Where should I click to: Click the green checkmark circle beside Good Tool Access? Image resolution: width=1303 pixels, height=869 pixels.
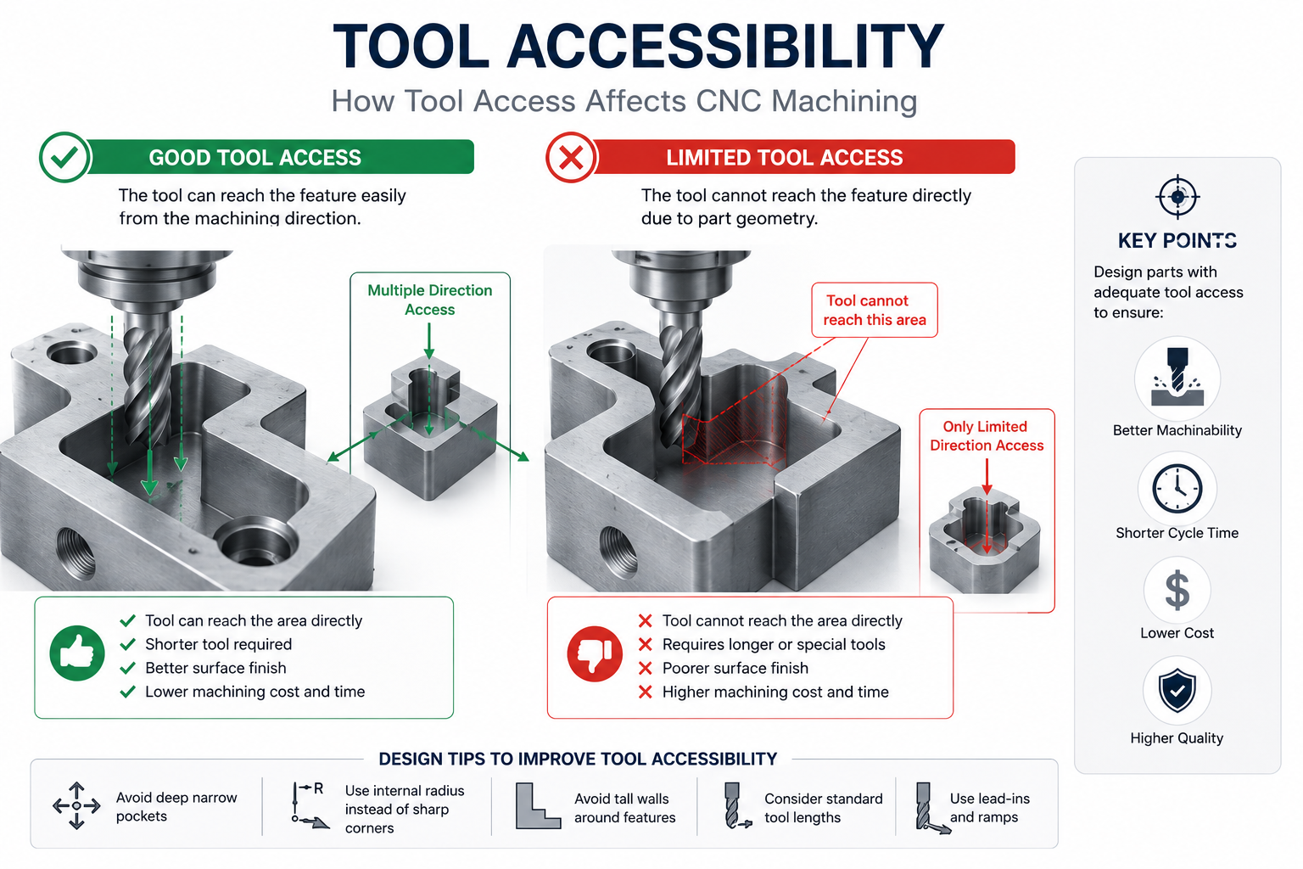(x=64, y=157)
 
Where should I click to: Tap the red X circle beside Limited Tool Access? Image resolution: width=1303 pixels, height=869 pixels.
(x=571, y=157)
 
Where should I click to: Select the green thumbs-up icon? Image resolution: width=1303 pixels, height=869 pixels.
(x=77, y=653)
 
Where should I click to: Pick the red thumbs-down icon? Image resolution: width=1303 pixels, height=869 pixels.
(x=595, y=653)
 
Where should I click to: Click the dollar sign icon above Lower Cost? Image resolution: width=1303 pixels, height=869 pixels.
(x=1177, y=590)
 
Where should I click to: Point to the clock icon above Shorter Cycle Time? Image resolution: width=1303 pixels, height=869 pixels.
(x=1177, y=488)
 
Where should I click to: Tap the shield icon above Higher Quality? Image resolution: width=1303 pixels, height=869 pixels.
(x=1177, y=690)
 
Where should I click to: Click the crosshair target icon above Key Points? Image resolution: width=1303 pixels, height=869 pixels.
(x=1177, y=197)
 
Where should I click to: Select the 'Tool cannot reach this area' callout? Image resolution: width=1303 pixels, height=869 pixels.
(x=875, y=311)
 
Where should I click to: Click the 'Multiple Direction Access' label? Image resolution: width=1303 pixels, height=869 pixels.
(x=430, y=300)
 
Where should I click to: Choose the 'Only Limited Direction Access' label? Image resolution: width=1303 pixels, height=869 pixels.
(x=987, y=436)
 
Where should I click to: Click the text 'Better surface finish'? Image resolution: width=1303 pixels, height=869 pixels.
(x=215, y=668)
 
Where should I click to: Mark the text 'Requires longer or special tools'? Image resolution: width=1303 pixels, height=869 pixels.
(x=774, y=644)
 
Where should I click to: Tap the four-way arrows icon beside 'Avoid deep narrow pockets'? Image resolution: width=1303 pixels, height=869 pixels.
(x=77, y=805)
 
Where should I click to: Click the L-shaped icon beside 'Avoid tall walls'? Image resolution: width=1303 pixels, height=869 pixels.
(x=538, y=805)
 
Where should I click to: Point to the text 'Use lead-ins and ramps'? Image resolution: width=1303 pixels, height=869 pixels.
(x=989, y=807)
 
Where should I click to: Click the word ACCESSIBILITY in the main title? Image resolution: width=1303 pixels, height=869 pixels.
(x=724, y=46)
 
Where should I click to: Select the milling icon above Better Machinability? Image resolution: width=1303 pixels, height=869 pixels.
(x=1177, y=378)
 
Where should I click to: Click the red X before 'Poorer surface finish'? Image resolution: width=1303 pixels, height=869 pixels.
(x=645, y=668)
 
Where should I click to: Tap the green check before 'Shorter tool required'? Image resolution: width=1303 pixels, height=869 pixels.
(x=127, y=644)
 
